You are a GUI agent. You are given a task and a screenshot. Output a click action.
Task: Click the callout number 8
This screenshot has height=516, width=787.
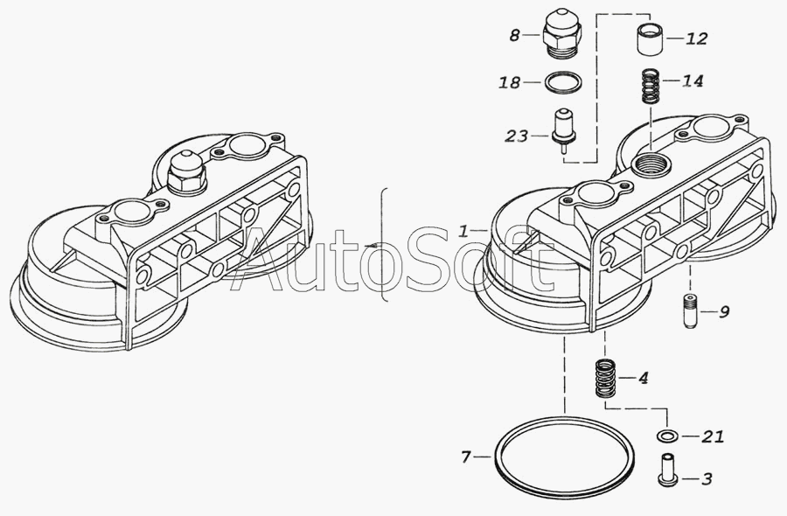[514, 36]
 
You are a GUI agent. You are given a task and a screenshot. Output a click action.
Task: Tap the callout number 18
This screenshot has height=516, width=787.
[510, 82]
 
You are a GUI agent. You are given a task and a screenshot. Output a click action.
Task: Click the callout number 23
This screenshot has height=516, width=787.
[516, 136]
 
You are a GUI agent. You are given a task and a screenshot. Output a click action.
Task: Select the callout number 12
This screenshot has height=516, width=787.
[696, 38]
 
